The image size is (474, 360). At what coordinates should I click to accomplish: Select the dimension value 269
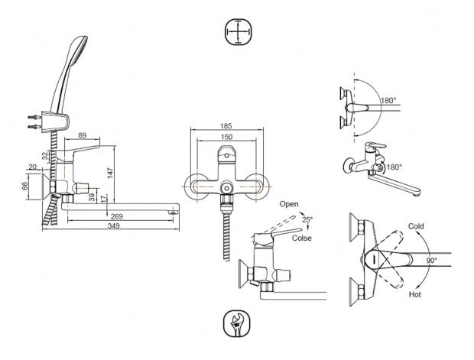coord(118,216)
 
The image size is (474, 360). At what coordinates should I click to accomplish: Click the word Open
coord(288,205)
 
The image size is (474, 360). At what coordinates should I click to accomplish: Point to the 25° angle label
coord(307,220)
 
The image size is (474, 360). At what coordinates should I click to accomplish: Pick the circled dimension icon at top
coord(238,32)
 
